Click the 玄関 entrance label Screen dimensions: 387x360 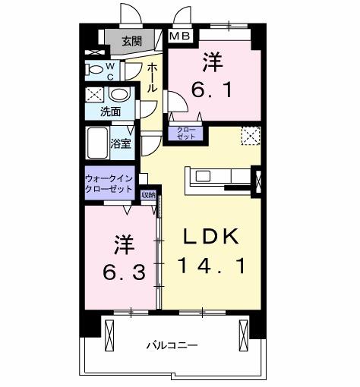(x=131, y=41)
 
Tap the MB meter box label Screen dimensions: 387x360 (x=180, y=35)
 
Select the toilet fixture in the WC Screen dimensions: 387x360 (x=96, y=71)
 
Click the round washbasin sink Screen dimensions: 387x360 (x=118, y=96)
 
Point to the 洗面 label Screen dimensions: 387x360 (x=110, y=112)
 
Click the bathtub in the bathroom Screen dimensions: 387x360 (x=98, y=142)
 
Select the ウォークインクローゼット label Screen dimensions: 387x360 (x=110, y=183)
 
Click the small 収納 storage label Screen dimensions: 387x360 (x=148, y=194)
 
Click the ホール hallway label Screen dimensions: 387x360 (x=152, y=77)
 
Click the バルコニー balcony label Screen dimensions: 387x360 (x=172, y=345)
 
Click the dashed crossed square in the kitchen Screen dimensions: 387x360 (x=251, y=134)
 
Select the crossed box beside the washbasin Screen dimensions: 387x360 (x=95, y=96)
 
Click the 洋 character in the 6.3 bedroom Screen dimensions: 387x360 (x=125, y=244)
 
